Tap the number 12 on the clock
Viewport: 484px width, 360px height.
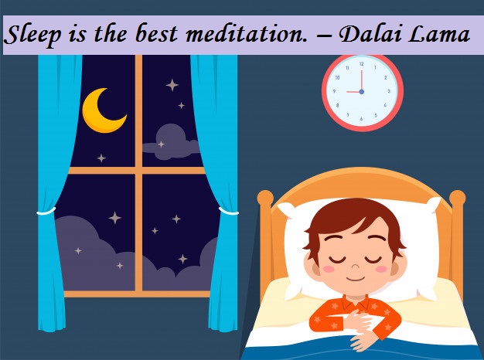362,64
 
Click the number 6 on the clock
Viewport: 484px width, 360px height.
361,119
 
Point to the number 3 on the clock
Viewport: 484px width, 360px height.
389,91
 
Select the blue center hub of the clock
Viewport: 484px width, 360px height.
362,92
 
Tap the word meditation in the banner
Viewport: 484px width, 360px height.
247,34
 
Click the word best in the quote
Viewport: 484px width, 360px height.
156,34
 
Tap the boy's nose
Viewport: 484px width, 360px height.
356,266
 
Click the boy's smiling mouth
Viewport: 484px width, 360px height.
355,279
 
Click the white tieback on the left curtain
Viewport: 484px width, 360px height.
46,212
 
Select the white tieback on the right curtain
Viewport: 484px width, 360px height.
229,212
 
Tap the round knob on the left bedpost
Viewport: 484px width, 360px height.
265,198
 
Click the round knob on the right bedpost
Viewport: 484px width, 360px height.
457,198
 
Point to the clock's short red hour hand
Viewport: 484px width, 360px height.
354,92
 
